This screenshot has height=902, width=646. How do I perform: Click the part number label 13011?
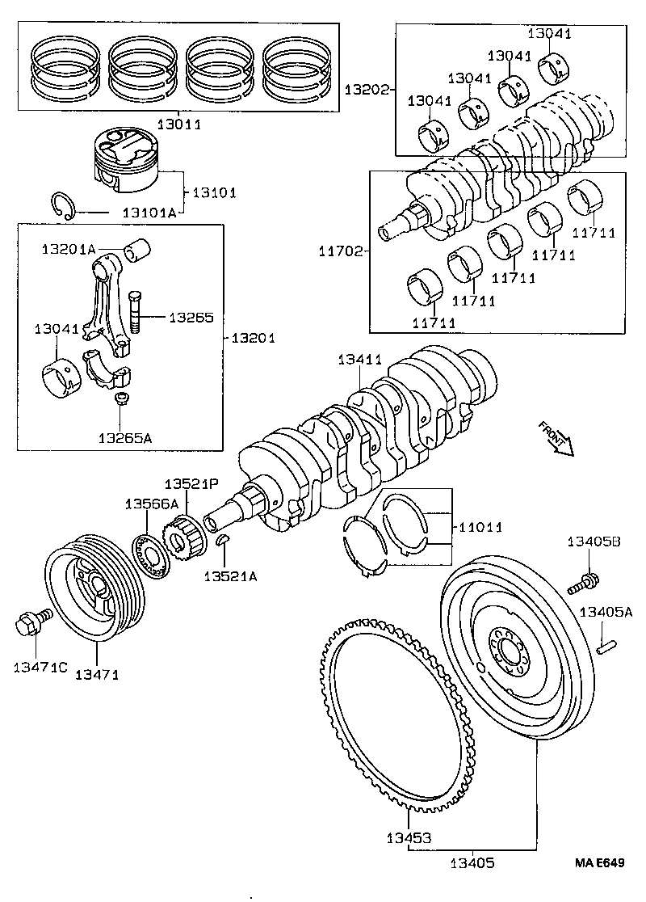tap(178, 124)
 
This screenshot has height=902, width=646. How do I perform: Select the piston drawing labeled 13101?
tap(128, 162)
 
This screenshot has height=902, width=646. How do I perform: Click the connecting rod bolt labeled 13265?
tap(134, 311)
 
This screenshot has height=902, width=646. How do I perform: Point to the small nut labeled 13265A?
tap(121, 398)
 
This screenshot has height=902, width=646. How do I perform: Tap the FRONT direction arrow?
tap(556, 437)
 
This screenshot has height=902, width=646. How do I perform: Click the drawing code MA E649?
tap(599, 863)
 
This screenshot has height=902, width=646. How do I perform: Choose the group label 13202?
tap(367, 88)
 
